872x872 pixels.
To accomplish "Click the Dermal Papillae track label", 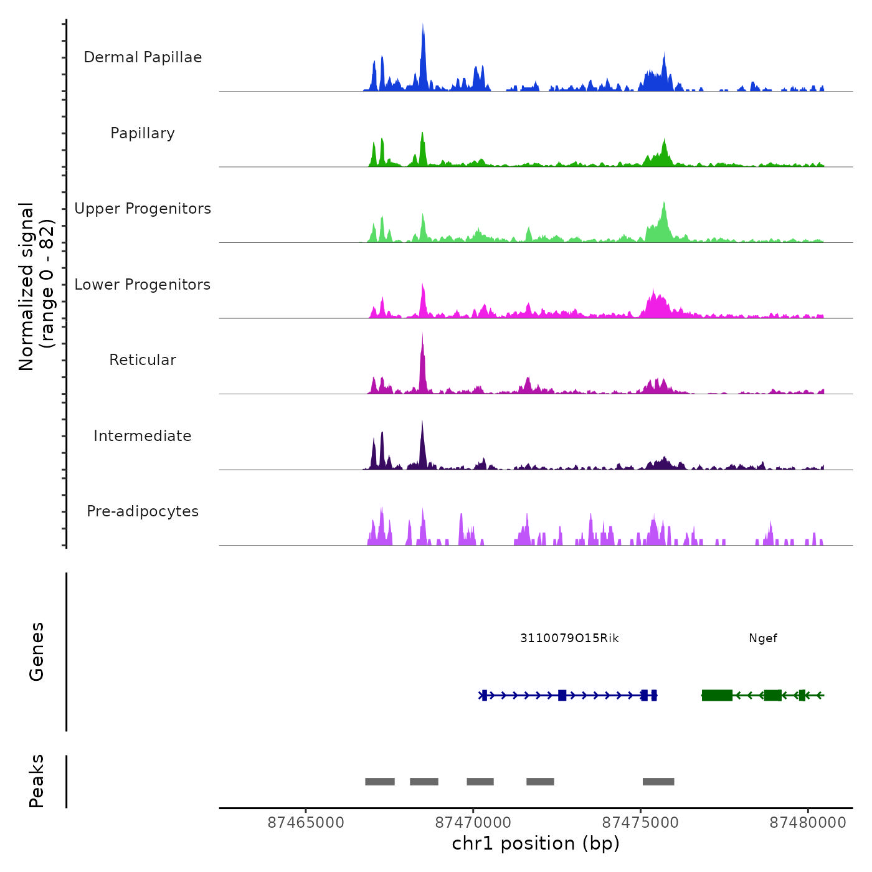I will point(143,57).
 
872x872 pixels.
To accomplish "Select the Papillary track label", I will point(143,133).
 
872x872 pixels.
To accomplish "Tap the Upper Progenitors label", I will point(143,209).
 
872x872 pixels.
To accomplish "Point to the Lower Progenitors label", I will point(143,285).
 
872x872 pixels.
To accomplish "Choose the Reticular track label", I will point(143,360).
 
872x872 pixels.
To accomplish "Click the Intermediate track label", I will point(143,436).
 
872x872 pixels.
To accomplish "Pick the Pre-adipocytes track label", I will point(143,511).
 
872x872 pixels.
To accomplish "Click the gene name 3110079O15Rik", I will point(569,638).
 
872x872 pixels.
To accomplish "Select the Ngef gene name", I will point(763,638).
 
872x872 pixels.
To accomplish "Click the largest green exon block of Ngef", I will point(717,695).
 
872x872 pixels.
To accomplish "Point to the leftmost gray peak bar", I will point(380,781).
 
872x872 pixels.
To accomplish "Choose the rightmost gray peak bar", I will point(658,781).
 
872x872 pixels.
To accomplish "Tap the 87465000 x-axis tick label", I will point(306,823).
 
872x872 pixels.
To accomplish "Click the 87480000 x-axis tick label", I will point(808,823).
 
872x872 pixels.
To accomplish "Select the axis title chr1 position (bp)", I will point(536,843).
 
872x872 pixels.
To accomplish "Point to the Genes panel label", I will point(37,651).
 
